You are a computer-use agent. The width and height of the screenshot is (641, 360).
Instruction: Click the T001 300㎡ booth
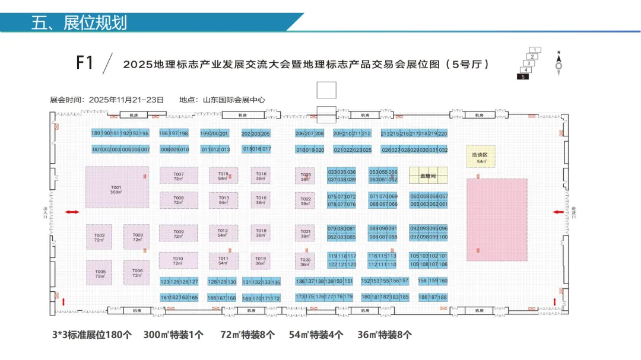[116, 187]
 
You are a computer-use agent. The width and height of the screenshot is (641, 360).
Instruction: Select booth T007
[179, 176]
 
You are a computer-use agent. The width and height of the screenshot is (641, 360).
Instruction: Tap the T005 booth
[100, 273]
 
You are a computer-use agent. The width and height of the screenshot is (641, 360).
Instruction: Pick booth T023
[306, 176]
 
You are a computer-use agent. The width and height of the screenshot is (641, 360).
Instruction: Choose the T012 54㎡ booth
[223, 232]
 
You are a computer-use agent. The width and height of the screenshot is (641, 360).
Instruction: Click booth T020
[305, 262]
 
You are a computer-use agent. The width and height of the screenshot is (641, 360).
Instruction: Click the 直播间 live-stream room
[428, 176]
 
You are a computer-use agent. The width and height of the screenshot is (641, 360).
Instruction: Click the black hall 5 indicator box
[523, 77]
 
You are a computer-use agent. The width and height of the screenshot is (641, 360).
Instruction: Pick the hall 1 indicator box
[535, 50]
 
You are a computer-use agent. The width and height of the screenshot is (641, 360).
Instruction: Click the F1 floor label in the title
[85, 63]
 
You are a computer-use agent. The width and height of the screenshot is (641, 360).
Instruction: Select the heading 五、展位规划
[80, 23]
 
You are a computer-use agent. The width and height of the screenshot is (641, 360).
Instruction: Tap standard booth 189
[96, 133]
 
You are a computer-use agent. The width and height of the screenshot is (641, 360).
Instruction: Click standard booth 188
[442, 297]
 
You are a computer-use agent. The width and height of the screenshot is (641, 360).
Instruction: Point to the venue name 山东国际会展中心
[234, 100]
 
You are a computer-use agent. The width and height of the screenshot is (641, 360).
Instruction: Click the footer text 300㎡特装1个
[173, 335]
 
